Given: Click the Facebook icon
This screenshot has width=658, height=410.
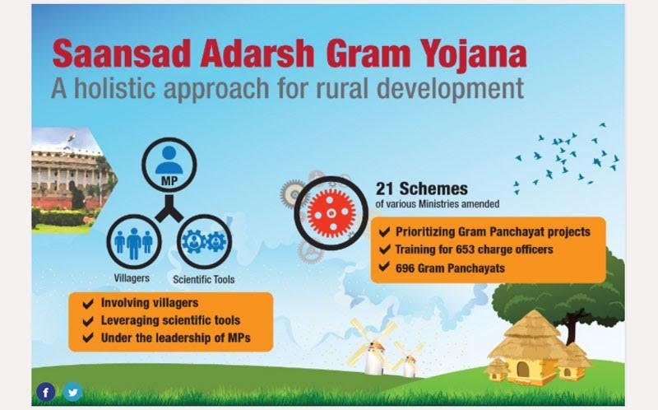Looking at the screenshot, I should click(46, 392).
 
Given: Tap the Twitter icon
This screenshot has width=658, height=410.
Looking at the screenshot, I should click(72, 392).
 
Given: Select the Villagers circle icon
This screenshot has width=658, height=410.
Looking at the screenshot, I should click(134, 239).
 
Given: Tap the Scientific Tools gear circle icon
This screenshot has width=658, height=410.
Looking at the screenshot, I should click(204, 240).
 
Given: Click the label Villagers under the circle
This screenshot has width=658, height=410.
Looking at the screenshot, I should click(132, 277).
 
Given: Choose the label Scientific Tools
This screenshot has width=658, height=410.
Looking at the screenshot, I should click(204, 280).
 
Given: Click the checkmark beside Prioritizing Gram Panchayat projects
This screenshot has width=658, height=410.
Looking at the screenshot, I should click(385, 231).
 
